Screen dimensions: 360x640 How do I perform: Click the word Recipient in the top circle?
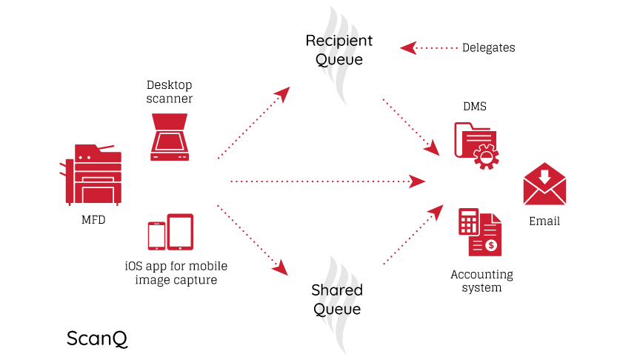click(339, 40)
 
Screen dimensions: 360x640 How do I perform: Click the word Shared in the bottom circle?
click(337, 290)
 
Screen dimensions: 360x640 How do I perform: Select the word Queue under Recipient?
click(339, 59)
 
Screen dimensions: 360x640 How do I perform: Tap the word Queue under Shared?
click(337, 309)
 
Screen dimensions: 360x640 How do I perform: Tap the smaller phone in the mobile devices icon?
click(156, 236)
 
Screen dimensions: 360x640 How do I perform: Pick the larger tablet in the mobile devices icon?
click(180, 232)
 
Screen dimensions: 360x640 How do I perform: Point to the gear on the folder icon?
click(486, 156)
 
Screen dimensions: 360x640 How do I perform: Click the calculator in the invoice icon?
click(467, 221)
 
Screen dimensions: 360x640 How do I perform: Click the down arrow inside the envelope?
click(544, 176)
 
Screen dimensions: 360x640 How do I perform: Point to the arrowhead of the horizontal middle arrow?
click(419, 181)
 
